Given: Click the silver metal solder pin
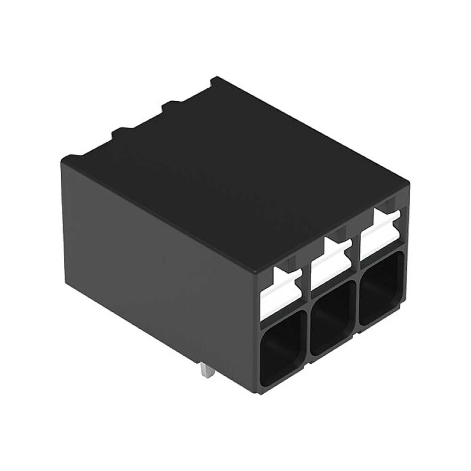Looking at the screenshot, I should pyautogui.click(x=206, y=370).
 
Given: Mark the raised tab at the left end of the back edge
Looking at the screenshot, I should pyautogui.click(x=71, y=158).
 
